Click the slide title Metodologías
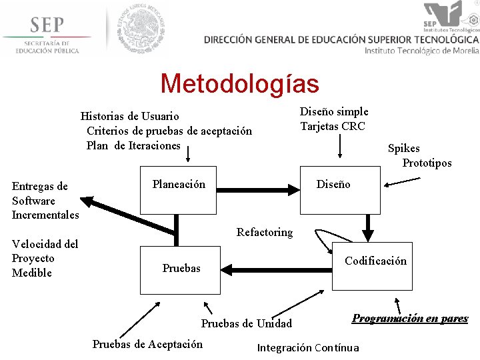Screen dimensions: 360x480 [239, 84]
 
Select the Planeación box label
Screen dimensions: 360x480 [179, 184]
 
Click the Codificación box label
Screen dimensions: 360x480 [375, 261]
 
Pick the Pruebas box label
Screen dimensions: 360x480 [181, 268]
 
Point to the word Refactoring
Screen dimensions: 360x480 [265, 232]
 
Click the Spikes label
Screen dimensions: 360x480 [404, 149]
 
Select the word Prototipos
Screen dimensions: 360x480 [427, 163]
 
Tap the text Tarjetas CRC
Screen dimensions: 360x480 [333, 127]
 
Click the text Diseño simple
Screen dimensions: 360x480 [334, 111]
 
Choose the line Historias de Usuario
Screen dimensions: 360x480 [129, 116]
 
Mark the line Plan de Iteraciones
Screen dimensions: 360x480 [133, 145]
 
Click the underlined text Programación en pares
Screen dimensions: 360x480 [410, 319]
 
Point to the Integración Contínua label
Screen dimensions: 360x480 [308, 347]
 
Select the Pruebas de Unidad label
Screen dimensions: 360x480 [247, 324]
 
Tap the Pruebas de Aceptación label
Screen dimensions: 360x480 [147, 344]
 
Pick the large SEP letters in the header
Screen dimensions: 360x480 [46, 25]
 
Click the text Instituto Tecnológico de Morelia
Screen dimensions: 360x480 [421, 51]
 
